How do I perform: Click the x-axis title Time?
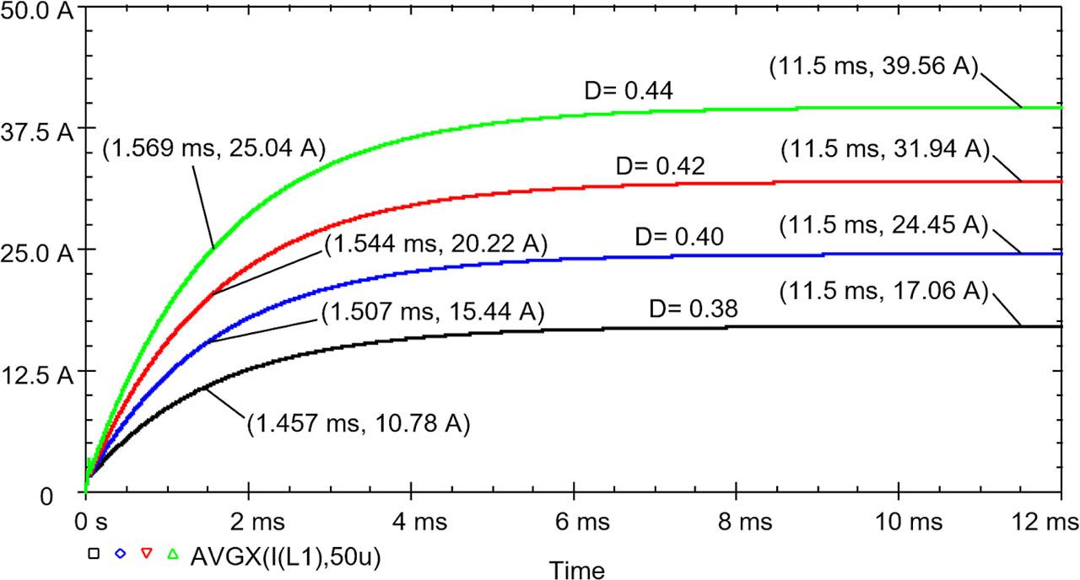(578, 570)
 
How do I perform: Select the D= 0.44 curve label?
(629, 91)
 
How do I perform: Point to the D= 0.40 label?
(681, 238)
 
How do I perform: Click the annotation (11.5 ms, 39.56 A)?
(873, 68)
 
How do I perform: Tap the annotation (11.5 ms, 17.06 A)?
(883, 293)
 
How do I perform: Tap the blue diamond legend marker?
(121, 554)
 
